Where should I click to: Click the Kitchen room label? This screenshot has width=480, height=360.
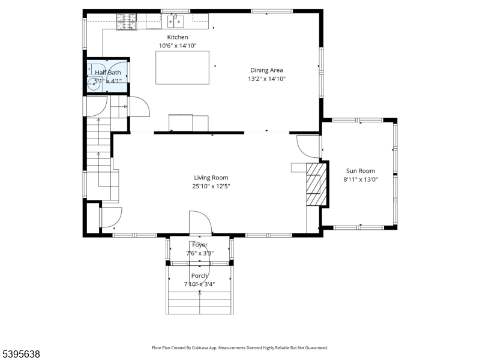pos(178,37)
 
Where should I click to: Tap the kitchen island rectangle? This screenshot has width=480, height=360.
pos(182,67)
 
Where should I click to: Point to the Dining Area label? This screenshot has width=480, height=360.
pos(266,70)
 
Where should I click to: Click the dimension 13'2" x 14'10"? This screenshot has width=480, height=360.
pos(266,79)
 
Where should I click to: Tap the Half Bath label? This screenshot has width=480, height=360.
pos(108,73)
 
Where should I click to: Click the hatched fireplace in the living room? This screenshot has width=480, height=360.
pos(316,184)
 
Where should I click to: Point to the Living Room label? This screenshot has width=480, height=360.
pos(211,178)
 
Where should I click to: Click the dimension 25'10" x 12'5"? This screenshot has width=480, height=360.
pos(211,186)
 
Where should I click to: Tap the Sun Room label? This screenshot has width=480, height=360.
pos(359,171)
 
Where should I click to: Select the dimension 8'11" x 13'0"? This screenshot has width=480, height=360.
pos(360,179)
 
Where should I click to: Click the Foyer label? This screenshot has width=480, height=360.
pos(200,245)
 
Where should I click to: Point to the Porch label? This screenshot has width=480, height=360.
pos(199,276)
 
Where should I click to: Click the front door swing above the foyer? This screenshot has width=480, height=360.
pos(200,222)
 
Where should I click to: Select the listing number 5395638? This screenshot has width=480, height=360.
pos(21,355)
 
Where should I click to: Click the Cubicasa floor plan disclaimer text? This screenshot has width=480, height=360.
pos(240,347)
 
